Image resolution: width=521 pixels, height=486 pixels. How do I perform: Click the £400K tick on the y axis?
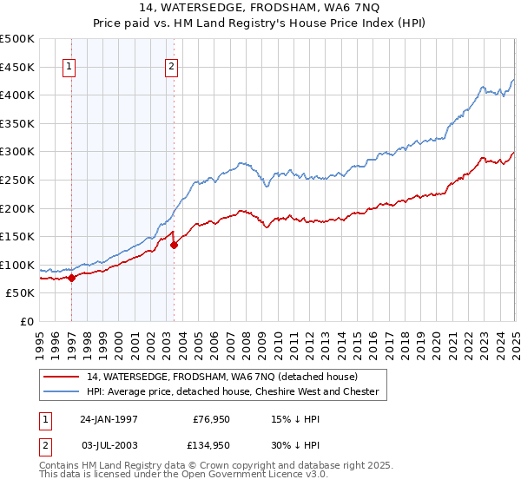tap(18, 95)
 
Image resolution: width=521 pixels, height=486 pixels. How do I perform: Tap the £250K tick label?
tap(18, 180)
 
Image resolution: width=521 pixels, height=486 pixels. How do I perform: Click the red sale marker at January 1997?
tap(72, 278)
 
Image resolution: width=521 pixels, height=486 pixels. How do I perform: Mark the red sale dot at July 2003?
tap(175, 245)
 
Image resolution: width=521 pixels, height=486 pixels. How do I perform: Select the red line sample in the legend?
tap(61, 377)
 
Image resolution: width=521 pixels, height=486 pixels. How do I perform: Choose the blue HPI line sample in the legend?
tap(61, 391)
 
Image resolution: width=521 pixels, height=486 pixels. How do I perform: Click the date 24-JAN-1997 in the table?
tap(109, 418)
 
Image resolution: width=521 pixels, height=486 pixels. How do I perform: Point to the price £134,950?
tap(210, 445)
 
